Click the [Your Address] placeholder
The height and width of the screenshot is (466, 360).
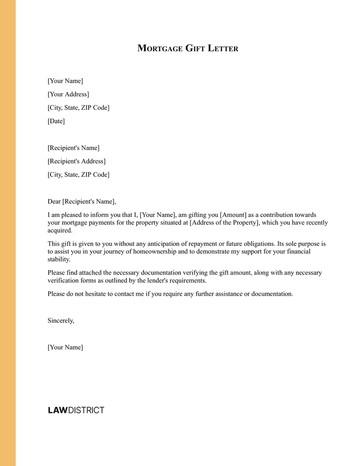click(x=68, y=94)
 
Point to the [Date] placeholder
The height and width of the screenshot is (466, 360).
click(x=56, y=121)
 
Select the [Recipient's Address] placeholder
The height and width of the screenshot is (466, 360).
click(x=76, y=161)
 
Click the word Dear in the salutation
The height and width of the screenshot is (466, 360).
click(x=54, y=201)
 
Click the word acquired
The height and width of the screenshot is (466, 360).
click(x=60, y=231)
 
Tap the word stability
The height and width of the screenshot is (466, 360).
click(x=59, y=259)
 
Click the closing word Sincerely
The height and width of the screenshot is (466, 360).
click(x=61, y=321)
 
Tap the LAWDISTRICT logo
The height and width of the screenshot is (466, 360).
click(x=76, y=410)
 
